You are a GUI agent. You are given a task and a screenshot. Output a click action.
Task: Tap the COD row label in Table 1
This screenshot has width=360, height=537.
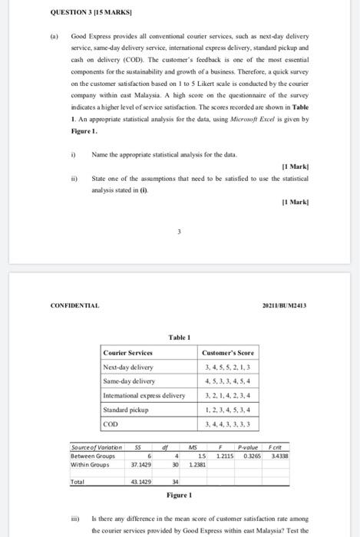click(x=112, y=423)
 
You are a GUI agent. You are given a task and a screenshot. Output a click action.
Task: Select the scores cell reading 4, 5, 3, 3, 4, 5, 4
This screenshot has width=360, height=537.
click(x=227, y=381)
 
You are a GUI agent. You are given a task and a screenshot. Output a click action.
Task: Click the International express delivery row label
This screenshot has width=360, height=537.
click(x=144, y=395)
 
